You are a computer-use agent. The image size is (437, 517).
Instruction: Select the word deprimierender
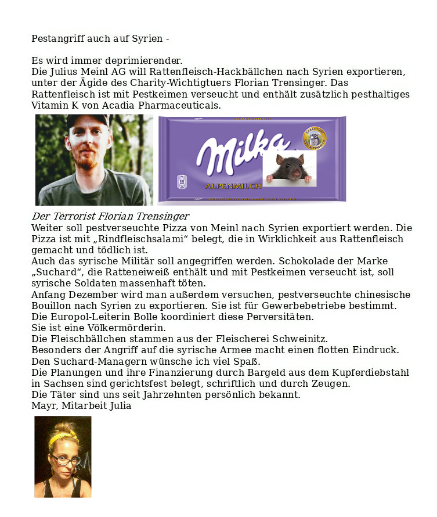[145, 60]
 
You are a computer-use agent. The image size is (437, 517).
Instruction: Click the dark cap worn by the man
[86, 120]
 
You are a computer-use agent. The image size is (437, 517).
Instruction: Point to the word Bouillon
[50, 306]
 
